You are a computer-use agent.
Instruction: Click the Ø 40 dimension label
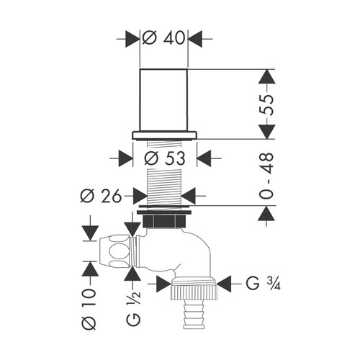click(163, 38)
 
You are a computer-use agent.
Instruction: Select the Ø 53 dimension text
click(165, 158)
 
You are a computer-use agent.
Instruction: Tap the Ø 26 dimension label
click(101, 196)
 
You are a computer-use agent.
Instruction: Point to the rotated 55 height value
click(266, 105)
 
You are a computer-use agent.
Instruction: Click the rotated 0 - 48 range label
click(266, 176)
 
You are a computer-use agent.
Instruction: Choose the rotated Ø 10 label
click(89, 309)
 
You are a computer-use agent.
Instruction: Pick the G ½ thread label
click(133, 308)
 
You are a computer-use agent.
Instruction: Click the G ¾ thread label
click(264, 284)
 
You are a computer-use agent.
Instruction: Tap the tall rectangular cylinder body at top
click(163, 100)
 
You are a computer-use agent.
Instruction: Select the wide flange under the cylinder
click(164, 135)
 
